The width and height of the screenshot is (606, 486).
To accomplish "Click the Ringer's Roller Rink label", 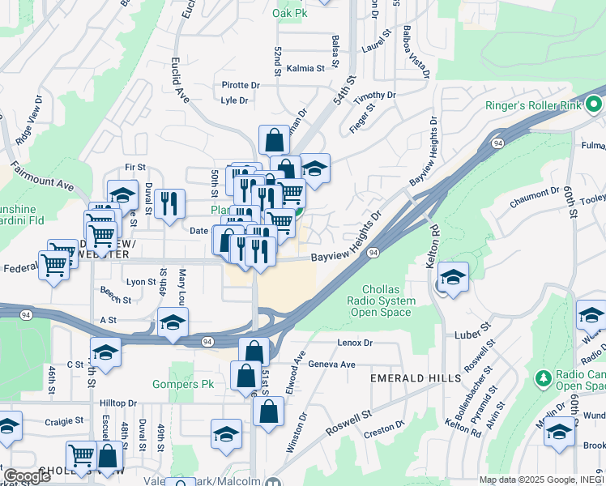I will [536, 106].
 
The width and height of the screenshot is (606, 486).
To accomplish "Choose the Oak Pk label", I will [289, 14].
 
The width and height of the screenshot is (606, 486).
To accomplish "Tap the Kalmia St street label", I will [305, 69].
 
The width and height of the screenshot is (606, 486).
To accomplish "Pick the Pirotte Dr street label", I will [241, 84].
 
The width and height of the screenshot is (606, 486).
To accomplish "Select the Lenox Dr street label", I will [355, 343].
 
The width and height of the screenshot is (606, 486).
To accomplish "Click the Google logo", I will [27, 476].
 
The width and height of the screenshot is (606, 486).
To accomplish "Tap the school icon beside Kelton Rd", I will [453, 276].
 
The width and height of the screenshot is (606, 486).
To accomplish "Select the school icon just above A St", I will [171, 323].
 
